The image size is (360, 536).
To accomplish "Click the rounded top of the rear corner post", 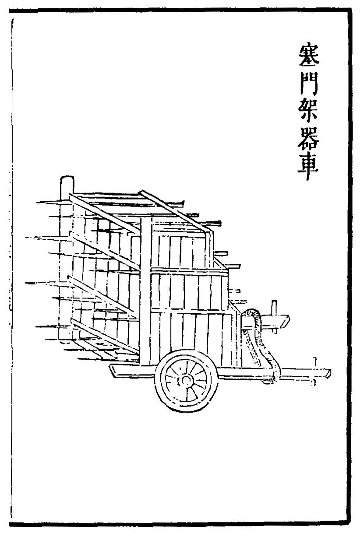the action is pos(67,180).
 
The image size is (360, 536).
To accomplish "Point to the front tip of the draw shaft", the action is pos(328,373).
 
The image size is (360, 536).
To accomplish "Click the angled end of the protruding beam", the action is pos(285,322).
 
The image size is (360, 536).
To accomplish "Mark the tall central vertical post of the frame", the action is pos(146,289).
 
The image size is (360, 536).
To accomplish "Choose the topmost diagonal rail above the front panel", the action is pos(175,210).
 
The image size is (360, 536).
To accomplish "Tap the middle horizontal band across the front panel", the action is pos(188,270).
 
